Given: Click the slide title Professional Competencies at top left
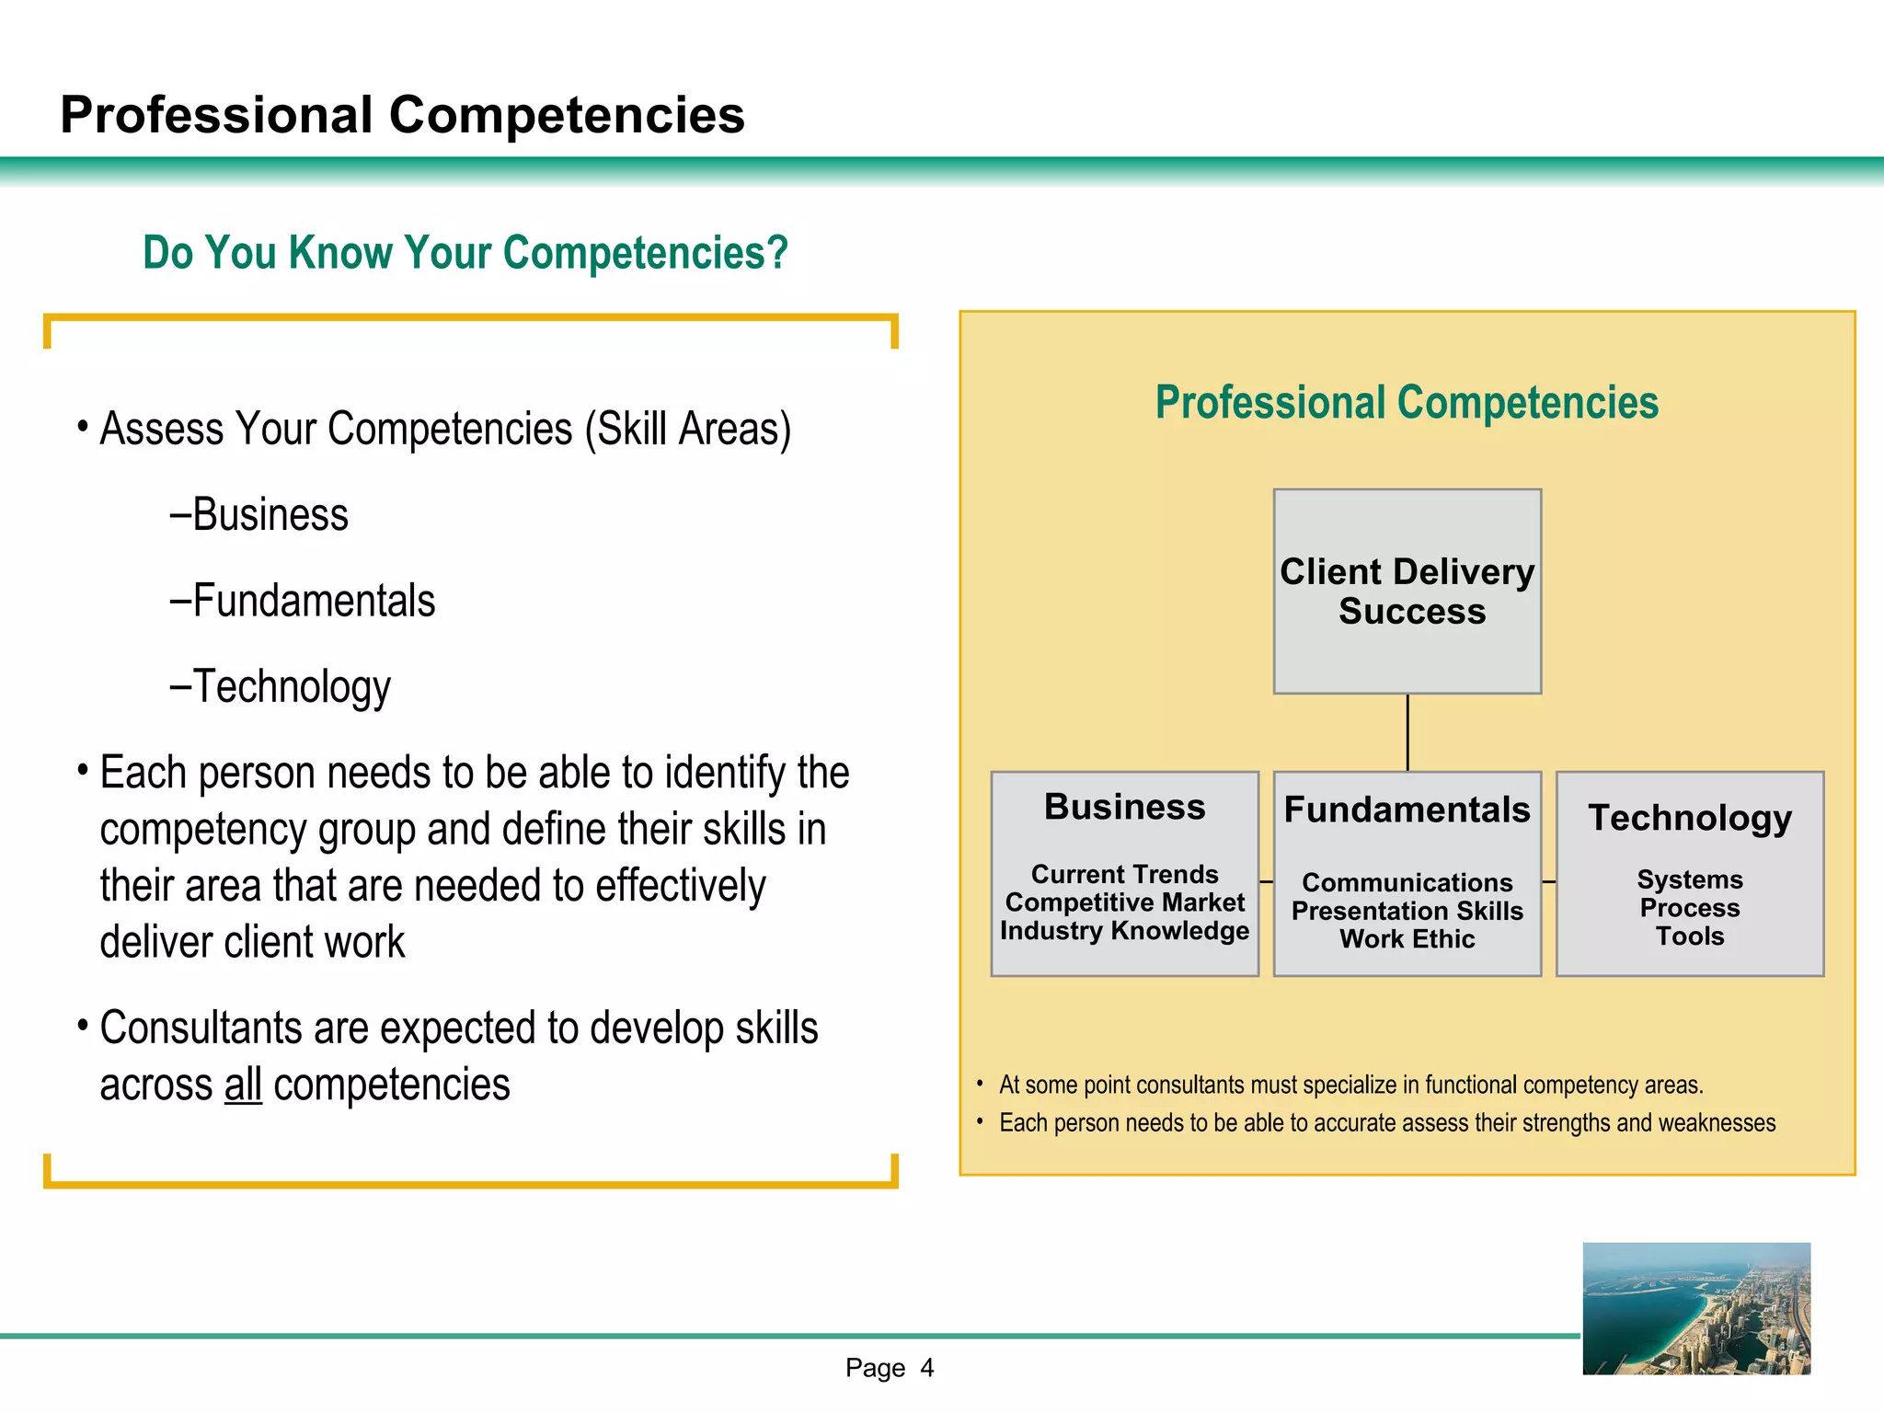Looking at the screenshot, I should [x=402, y=115].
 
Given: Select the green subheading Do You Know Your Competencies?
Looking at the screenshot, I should [x=465, y=253].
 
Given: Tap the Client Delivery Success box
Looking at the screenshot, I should [x=1407, y=591].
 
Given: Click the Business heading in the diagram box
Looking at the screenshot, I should [x=1124, y=807].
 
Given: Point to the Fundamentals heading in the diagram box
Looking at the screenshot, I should [x=1407, y=810].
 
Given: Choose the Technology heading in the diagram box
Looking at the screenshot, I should [x=1690, y=817].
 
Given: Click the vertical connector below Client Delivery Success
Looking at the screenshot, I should [x=1407, y=732].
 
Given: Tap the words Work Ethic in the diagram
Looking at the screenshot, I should [x=1407, y=939].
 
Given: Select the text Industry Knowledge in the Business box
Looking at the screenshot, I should [x=1124, y=931].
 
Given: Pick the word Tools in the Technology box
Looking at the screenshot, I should [x=1690, y=936].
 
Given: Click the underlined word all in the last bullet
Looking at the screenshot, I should [x=243, y=1085].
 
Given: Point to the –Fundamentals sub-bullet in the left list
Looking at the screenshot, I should [x=303, y=601].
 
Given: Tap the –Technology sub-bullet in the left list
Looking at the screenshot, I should [x=281, y=686].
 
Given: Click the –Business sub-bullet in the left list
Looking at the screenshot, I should [x=259, y=515].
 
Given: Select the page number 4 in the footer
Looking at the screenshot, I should [x=927, y=1368].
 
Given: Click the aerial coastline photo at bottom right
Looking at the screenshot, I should [x=1696, y=1308].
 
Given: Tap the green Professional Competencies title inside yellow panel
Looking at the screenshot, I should [x=1407, y=403].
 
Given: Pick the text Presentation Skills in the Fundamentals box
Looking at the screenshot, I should [x=1407, y=911].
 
